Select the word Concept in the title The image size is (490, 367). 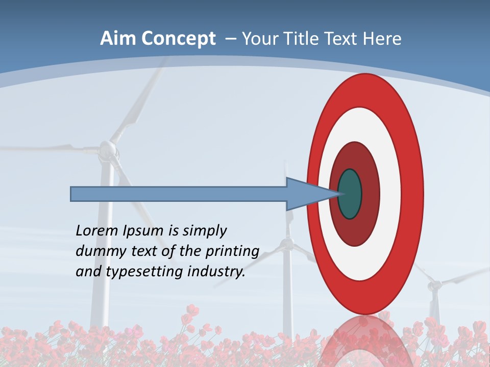click(x=178, y=39)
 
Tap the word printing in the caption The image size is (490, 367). click(x=232, y=251)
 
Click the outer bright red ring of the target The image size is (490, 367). click(x=413, y=194)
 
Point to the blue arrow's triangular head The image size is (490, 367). click(x=306, y=194)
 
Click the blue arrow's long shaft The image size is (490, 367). click(x=179, y=194)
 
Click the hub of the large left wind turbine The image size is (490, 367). click(x=107, y=149)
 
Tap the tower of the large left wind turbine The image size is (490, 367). click(x=105, y=255)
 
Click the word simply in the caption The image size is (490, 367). click(x=204, y=231)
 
